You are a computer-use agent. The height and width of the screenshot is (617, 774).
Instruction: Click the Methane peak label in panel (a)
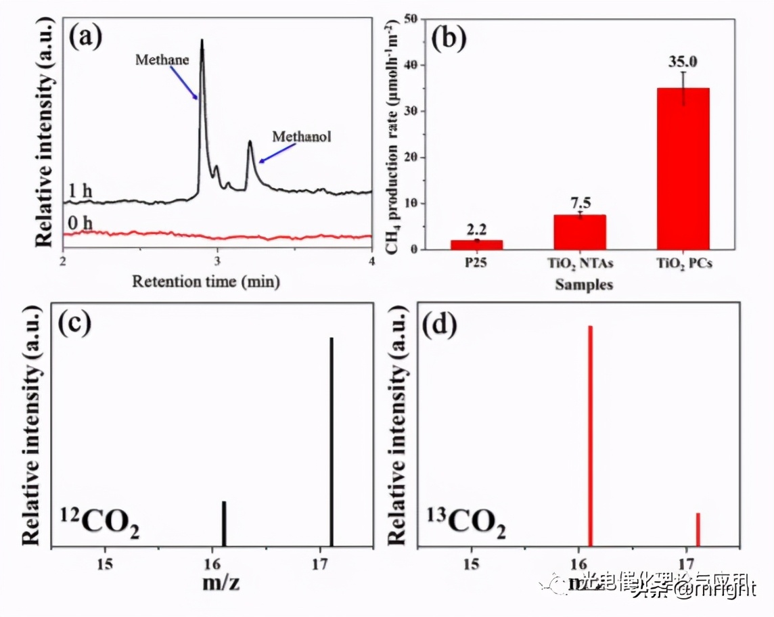pos(162,60)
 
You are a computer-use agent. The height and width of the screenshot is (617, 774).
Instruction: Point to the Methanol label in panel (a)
pos(302,136)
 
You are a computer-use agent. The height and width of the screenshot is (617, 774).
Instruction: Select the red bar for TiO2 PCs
pos(683,168)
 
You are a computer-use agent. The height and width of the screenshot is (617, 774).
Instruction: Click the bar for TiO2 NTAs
pos(580,232)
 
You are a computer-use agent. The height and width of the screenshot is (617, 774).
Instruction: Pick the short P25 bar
pos(477,244)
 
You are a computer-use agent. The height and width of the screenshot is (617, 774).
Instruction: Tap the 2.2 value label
pos(477,230)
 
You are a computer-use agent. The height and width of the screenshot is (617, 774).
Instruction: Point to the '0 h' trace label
pos(80,223)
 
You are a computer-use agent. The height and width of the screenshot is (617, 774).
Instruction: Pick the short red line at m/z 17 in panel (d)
pos(698,529)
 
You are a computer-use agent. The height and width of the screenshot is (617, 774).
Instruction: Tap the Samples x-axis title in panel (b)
pos(584,285)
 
